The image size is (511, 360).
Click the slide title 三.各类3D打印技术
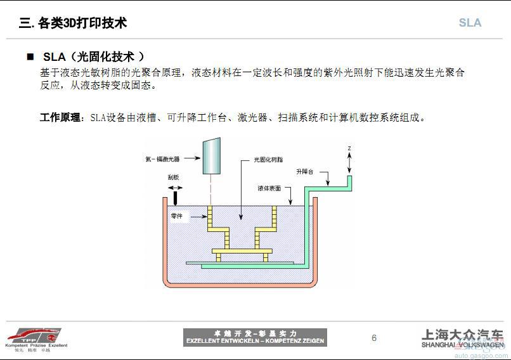click(x=73, y=23)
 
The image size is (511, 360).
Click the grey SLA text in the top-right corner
click(x=470, y=23)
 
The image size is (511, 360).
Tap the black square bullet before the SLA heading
click(x=30, y=57)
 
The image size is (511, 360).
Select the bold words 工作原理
click(x=61, y=117)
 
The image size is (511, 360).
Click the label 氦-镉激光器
click(x=162, y=158)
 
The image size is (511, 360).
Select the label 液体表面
click(x=269, y=188)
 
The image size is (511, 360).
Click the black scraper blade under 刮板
click(x=174, y=199)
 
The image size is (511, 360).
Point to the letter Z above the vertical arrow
click(x=349, y=148)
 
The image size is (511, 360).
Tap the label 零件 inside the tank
click(x=177, y=216)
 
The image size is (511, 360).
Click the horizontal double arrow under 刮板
click(x=174, y=188)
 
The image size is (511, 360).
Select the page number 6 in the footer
click(x=374, y=338)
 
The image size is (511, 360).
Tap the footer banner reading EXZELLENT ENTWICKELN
click(x=255, y=337)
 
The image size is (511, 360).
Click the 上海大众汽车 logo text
click(x=463, y=336)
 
